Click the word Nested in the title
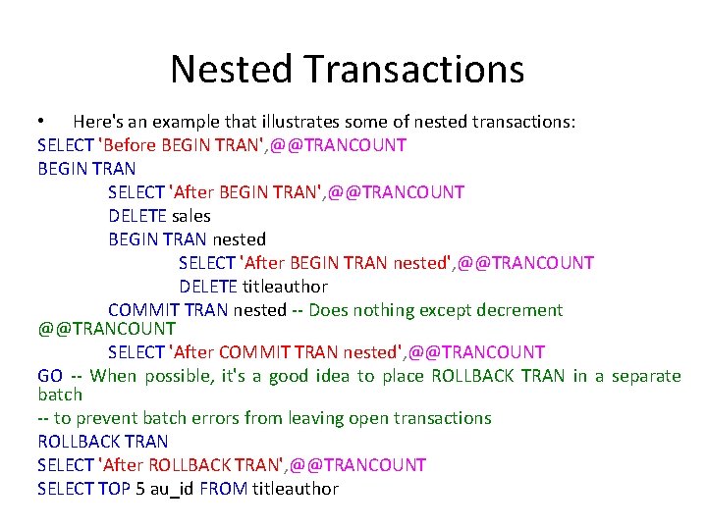(232, 69)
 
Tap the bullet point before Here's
(41, 122)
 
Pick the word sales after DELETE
(190, 216)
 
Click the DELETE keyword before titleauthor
(208, 287)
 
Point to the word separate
(645, 376)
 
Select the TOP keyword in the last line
(113, 489)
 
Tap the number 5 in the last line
(139, 489)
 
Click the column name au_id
(172, 489)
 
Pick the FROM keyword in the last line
(223, 489)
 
